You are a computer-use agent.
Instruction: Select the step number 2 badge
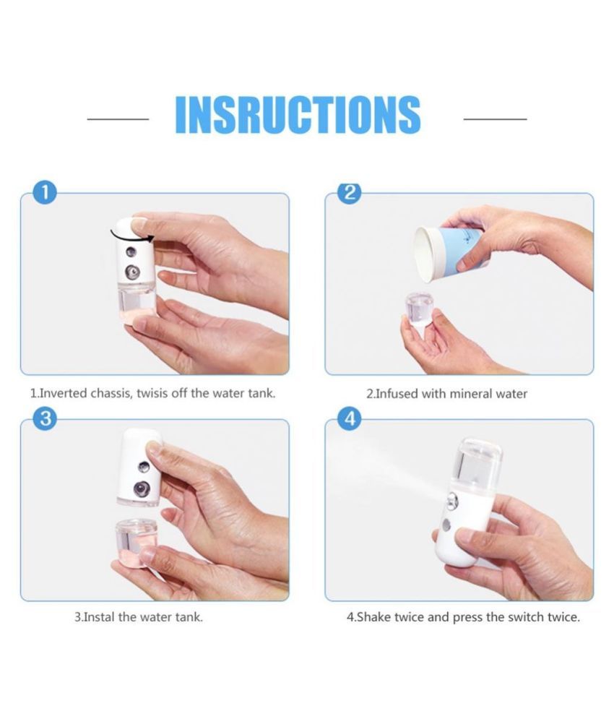[350, 193]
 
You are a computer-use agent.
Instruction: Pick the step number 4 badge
[350, 420]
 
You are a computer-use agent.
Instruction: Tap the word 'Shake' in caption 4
[373, 618]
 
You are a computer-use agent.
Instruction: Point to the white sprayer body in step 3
[139, 466]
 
